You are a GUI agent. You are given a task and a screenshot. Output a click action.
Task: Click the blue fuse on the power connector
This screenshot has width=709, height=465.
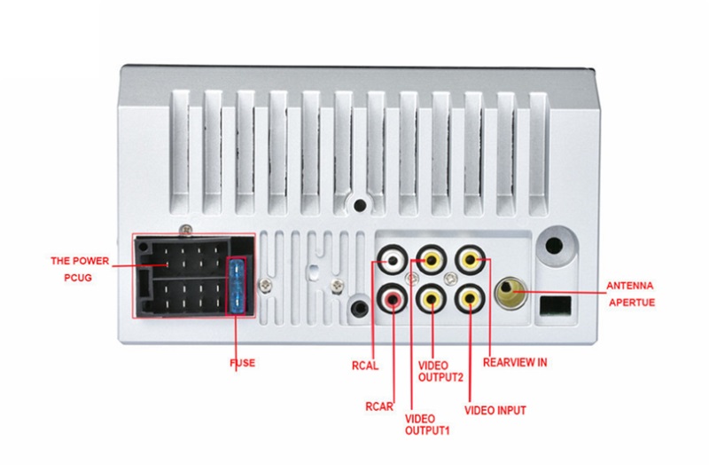[237, 285]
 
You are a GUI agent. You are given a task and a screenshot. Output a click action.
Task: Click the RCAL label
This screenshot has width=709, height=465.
[365, 362]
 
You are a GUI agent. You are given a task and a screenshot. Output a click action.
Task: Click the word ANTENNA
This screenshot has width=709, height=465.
[630, 286]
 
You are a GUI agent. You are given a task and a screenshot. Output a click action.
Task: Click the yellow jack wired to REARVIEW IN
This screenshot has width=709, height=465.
[469, 261]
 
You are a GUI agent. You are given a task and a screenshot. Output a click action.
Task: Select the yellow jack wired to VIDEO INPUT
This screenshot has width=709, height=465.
[469, 299]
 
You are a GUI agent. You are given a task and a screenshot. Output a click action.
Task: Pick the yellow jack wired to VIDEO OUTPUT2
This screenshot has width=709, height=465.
[432, 299]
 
